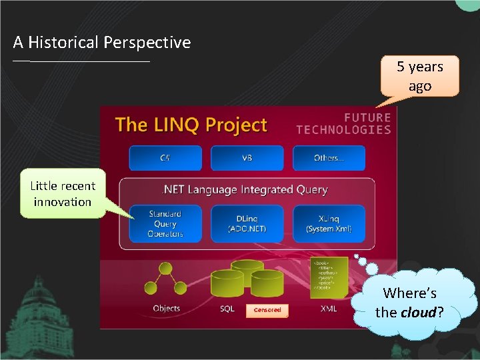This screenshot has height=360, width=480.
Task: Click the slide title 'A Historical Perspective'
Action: [102, 43]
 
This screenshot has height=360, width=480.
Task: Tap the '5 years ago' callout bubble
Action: [419, 76]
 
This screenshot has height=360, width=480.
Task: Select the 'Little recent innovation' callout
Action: [63, 194]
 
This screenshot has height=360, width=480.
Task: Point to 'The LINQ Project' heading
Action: [191, 125]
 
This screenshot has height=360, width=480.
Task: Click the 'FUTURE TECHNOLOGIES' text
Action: [343, 123]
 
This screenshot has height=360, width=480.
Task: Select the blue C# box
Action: [165, 158]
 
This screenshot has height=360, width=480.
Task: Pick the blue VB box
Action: [247, 158]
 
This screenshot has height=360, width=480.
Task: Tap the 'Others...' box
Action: [329, 158]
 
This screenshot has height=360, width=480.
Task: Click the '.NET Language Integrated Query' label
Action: [245, 190]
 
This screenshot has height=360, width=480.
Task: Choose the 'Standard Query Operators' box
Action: [165, 223]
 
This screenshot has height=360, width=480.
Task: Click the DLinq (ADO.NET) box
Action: [247, 223]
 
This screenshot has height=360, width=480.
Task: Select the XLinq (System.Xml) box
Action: [329, 223]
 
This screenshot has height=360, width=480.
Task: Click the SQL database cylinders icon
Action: [247, 279]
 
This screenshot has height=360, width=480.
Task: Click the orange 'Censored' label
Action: [267, 310]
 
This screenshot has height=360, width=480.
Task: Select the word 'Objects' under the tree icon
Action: [166, 309]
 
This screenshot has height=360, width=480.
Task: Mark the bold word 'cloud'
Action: [418, 311]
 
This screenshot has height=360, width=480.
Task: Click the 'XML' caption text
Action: [329, 309]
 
